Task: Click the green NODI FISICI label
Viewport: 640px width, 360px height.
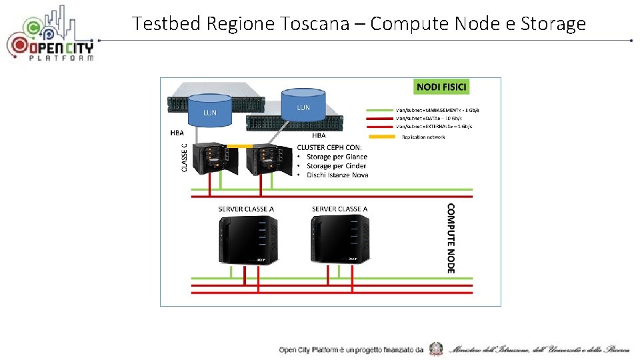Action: (442, 87)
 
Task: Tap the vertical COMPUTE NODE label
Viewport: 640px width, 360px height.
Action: (451, 238)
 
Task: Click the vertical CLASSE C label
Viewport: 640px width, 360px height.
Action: (184, 154)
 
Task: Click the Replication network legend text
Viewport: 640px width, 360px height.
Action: (423, 137)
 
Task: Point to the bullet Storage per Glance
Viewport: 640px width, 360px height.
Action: (337, 157)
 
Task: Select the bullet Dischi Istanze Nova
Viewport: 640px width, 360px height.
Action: (337, 175)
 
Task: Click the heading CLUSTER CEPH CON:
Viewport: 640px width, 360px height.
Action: (329, 147)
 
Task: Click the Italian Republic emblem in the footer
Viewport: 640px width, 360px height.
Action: (436, 349)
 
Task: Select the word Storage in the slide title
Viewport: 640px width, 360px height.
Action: (553, 24)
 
